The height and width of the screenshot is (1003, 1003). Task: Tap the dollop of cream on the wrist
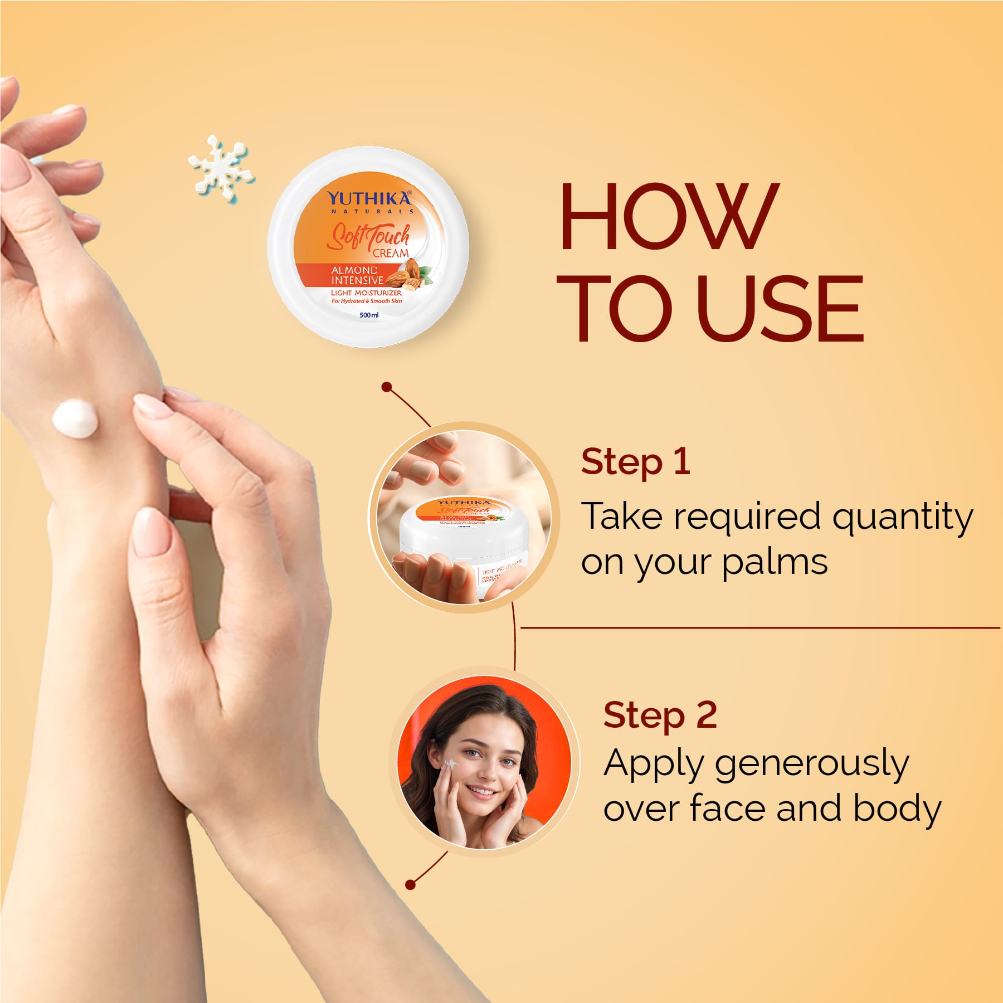75,419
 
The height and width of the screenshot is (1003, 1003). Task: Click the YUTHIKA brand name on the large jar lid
369,198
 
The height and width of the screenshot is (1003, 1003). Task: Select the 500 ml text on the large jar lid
369,315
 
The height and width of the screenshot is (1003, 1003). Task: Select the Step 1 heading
635,462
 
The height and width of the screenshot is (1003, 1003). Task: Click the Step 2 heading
660,715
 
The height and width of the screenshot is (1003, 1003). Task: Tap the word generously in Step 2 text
811,765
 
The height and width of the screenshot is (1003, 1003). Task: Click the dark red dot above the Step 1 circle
387,387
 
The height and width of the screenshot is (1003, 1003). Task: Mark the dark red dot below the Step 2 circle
411,884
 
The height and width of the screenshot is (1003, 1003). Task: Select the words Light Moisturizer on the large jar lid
366,293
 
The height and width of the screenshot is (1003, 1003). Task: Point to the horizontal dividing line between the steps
758,628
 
